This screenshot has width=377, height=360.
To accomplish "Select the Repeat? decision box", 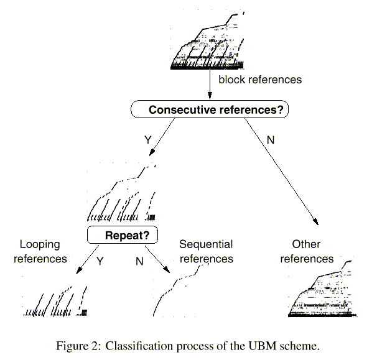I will point(123,235).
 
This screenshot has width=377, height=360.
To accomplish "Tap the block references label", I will point(260,80).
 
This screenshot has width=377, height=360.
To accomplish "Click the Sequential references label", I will point(206,251).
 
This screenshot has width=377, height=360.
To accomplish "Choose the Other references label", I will point(307,251).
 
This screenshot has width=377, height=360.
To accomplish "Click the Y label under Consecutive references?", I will point(147,141).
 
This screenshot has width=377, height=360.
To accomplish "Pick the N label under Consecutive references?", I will point(270,141).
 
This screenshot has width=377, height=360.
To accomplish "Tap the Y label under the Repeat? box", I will point(100,261).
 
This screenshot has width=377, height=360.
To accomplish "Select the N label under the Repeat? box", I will point(139,261).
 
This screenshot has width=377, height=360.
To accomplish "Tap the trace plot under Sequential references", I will point(180,289).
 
